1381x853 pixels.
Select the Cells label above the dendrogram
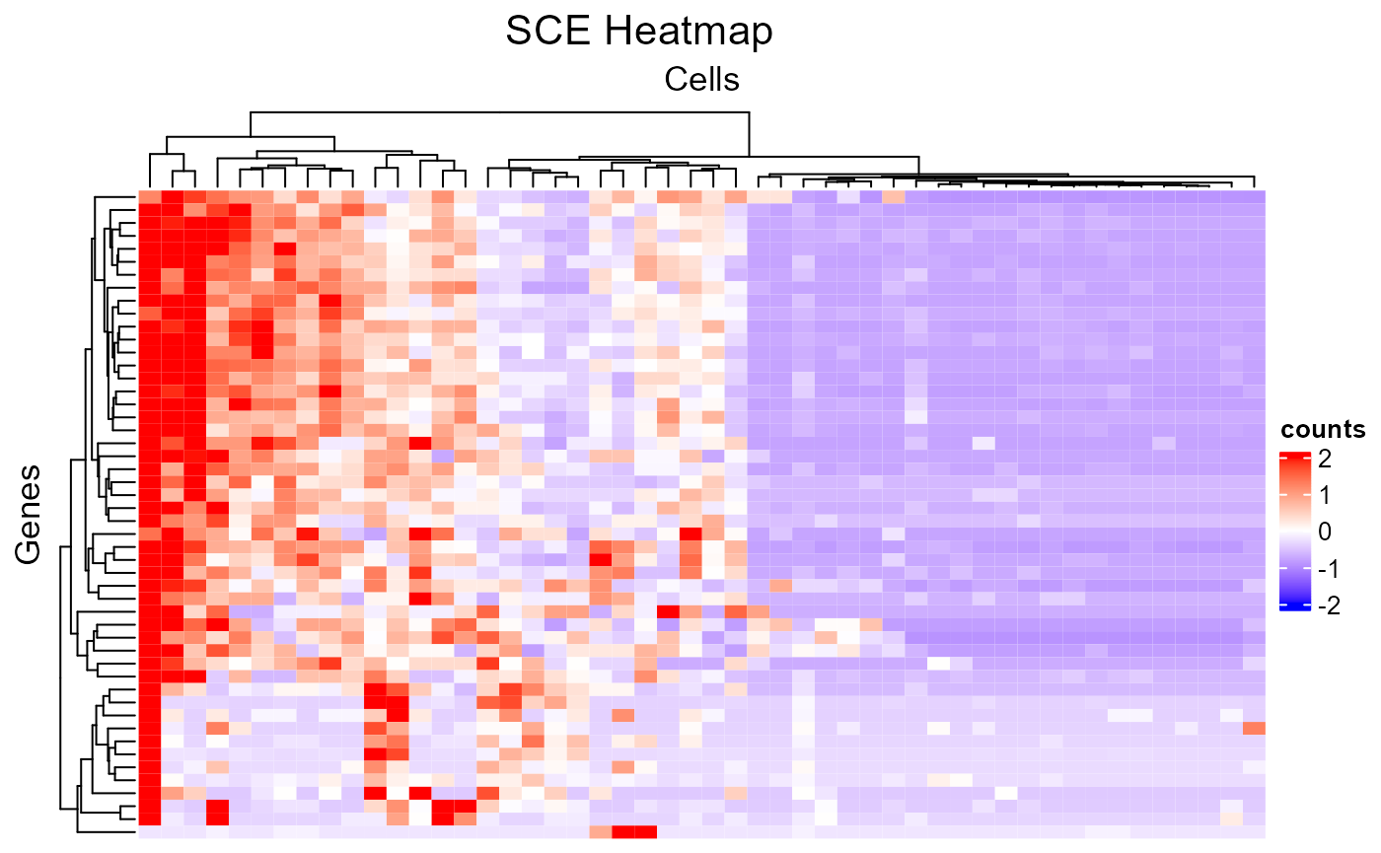[702, 79]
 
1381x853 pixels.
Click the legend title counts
[1323, 430]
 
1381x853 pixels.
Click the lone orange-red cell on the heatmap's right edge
[1254, 729]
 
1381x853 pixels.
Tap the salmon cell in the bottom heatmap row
[600, 831]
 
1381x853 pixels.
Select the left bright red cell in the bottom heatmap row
[622, 831]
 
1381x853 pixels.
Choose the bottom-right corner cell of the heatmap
[1254, 831]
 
